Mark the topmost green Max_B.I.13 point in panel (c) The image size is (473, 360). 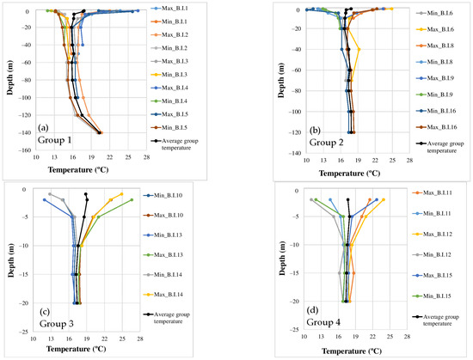(132, 200)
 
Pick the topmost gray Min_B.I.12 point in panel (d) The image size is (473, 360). (311, 200)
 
